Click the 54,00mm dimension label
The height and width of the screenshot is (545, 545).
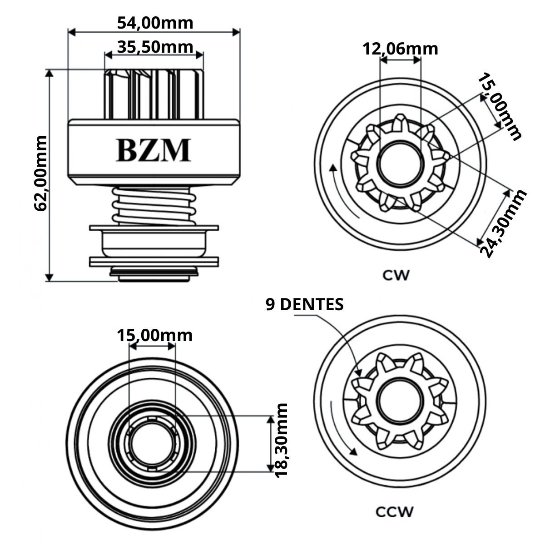click(x=155, y=22)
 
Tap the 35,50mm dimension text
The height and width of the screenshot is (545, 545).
click(x=155, y=46)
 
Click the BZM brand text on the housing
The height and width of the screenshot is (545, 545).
click(x=153, y=150)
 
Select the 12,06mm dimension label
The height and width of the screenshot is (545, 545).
click(x=400, y=49)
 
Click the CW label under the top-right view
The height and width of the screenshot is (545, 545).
click(x=395, y=275)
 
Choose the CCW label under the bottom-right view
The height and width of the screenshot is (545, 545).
click(x=395, y=512)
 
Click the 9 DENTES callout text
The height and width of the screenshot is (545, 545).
click(x=304, y=305)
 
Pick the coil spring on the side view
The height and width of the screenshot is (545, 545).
click(x=154, y=207)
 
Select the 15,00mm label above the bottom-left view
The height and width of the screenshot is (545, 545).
click(x=155, y=335)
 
